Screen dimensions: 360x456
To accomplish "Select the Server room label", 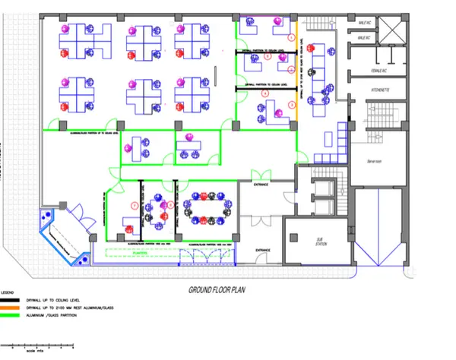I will click(x=373, y=161).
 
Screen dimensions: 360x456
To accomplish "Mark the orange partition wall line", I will click(x=296, y=76).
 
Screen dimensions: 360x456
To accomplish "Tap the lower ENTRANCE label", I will click(x=264, y=249).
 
